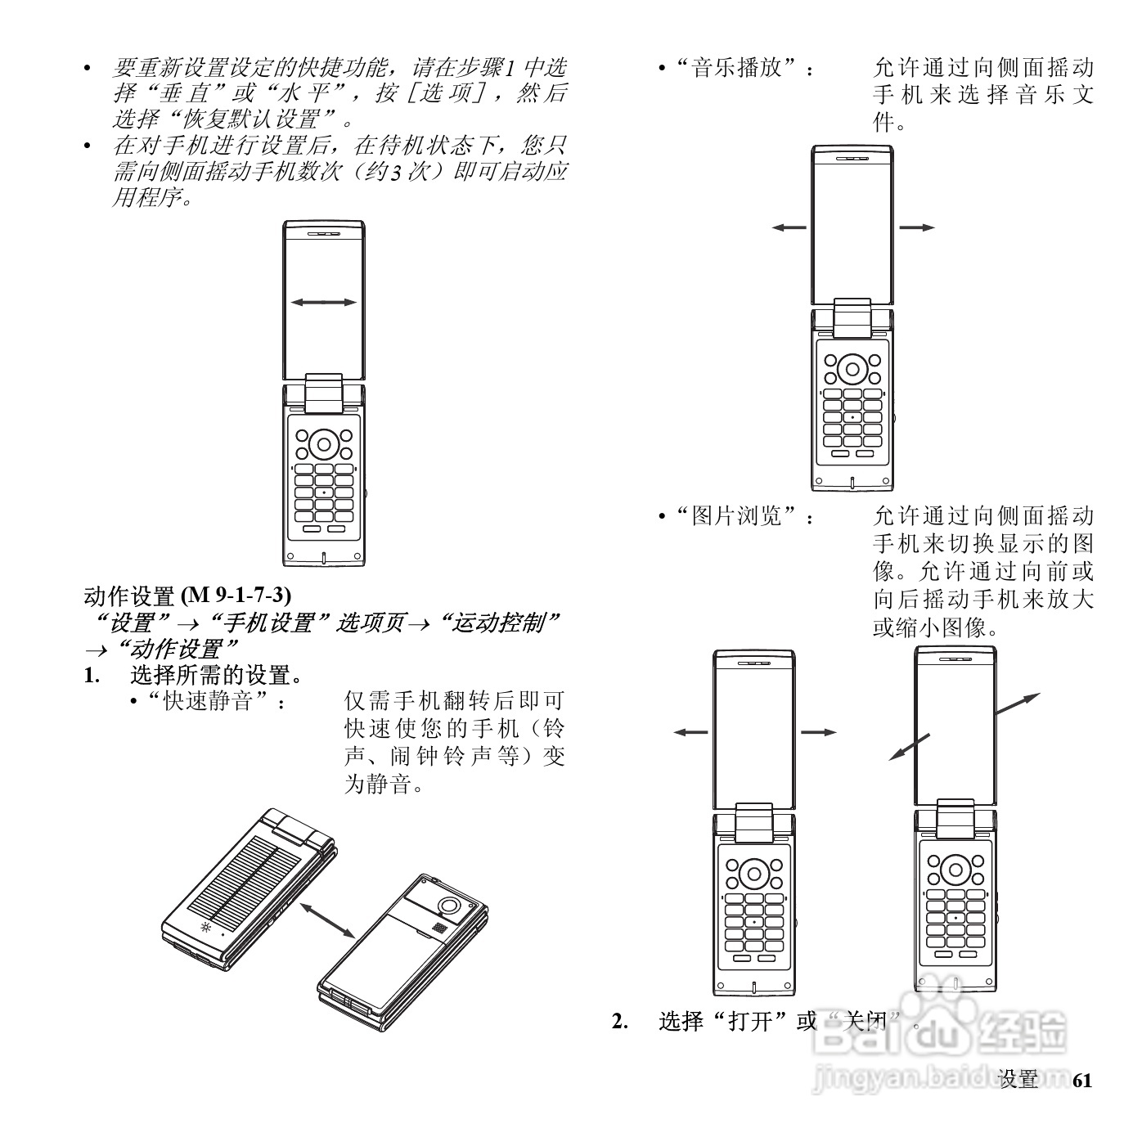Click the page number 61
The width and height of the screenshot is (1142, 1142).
point(1081,1080)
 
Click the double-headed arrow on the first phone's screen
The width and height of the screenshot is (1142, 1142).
point(324,303)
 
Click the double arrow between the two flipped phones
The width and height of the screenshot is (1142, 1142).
point(327,919)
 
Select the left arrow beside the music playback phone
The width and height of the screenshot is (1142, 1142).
point(789,227)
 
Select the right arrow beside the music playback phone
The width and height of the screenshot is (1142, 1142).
point(917,227)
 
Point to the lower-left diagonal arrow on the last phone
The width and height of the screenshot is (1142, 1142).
point(910,747)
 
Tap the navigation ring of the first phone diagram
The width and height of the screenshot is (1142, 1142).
point(324,445)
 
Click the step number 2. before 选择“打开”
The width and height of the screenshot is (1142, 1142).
point(621,1021)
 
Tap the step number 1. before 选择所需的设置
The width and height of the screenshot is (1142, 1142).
point(93,676)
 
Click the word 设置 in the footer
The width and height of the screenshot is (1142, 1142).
point(1018,1080)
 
